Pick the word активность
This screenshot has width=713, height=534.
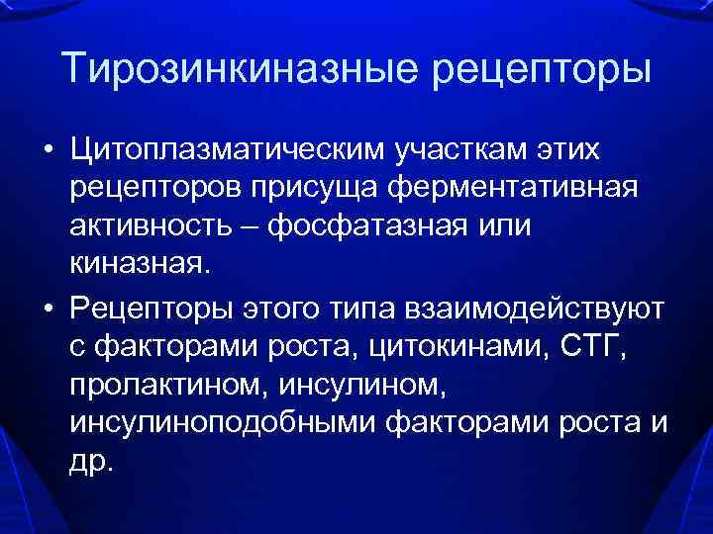pos(164,226)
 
